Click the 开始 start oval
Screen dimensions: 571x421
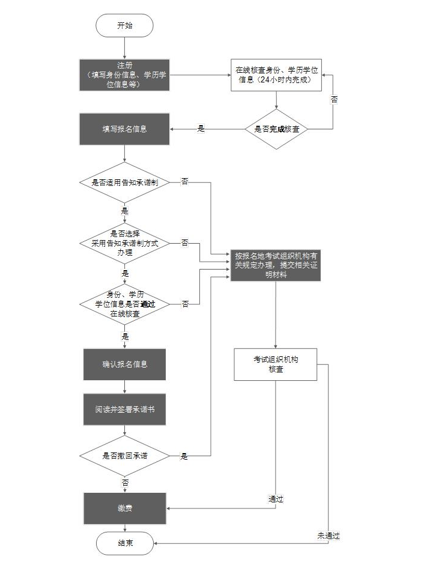[x=124, y=25]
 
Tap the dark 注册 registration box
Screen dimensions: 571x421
[x=124, y=75]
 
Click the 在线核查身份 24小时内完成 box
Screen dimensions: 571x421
[x=276, y=75]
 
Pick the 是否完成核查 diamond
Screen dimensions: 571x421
[x=276, y=129]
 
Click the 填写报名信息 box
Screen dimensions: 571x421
[x=124, y=129]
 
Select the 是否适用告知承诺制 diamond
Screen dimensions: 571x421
[x=124, y=182]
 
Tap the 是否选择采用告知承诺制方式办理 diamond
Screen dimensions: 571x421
[x=124, y=243]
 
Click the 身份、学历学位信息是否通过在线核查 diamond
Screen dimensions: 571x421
[x=124, y=304]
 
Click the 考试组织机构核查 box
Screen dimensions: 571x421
[x=276, y=364]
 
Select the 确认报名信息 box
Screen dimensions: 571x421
[x=124, y=364]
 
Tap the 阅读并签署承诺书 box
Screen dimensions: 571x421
[x=124, y=410]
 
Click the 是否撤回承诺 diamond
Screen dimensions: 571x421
[x=124, y=455]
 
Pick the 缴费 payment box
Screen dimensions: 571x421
[x=124, y=508]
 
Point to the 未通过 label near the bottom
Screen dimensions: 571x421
[x=329, y=535]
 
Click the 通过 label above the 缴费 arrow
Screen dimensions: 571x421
[x=276, y=499]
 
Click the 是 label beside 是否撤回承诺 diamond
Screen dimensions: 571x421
[x=184, y=456]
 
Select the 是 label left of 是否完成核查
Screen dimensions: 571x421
[x=201, y=129]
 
